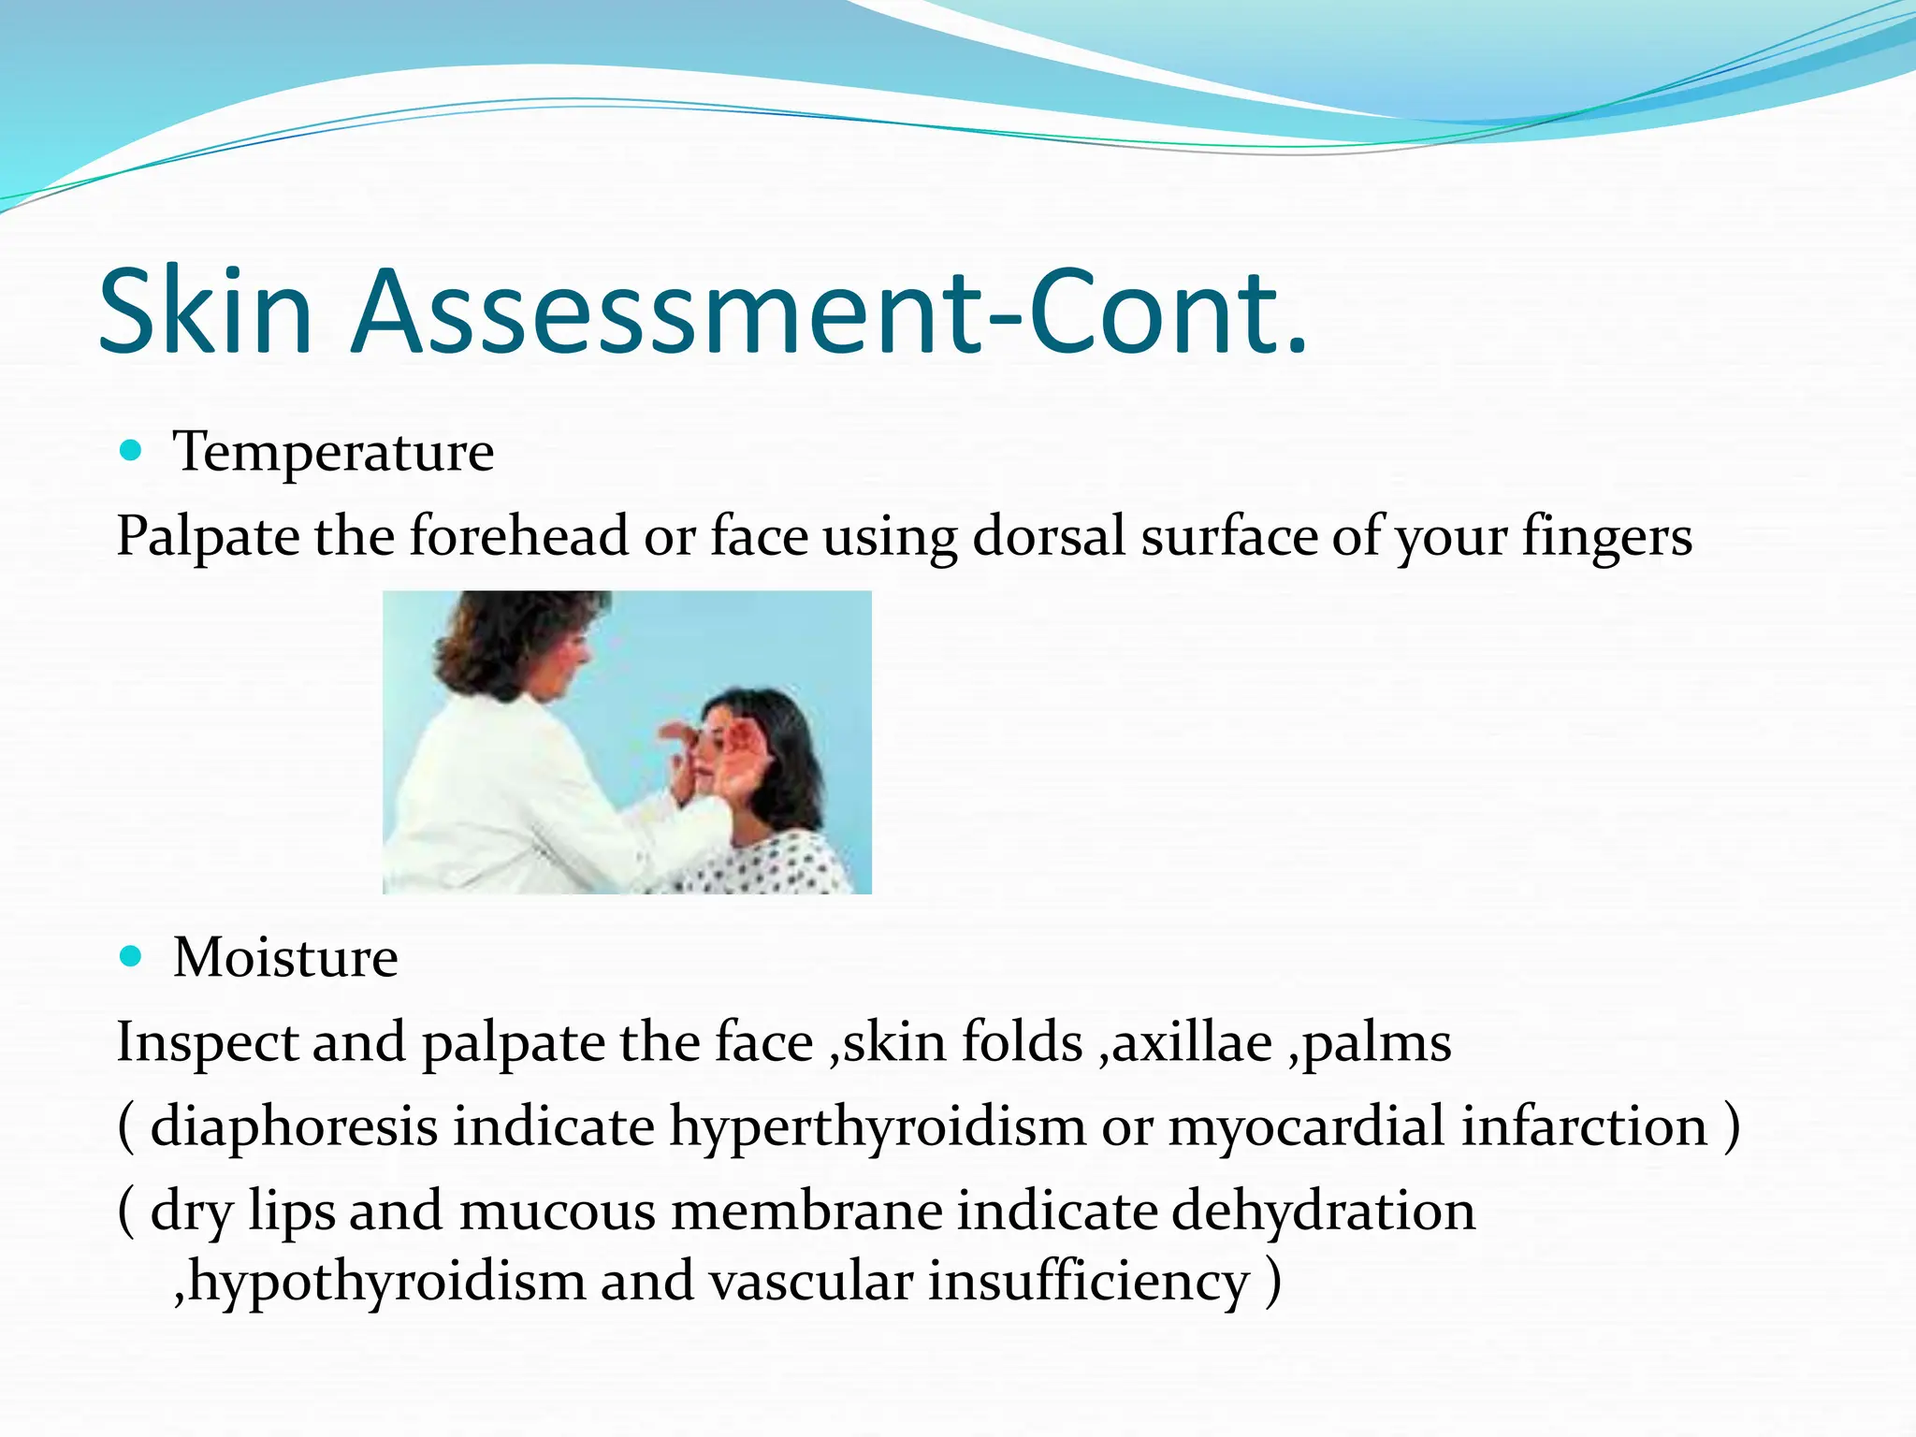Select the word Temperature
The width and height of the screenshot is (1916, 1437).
[333, 454]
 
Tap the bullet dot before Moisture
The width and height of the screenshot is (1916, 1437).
[131, 956]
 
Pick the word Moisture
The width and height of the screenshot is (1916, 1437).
[285, 958]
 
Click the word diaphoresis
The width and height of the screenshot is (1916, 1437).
[294, 1126]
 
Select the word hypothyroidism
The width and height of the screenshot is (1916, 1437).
[387, 1283]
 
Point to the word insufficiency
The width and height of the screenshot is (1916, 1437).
[1088, 1283]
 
